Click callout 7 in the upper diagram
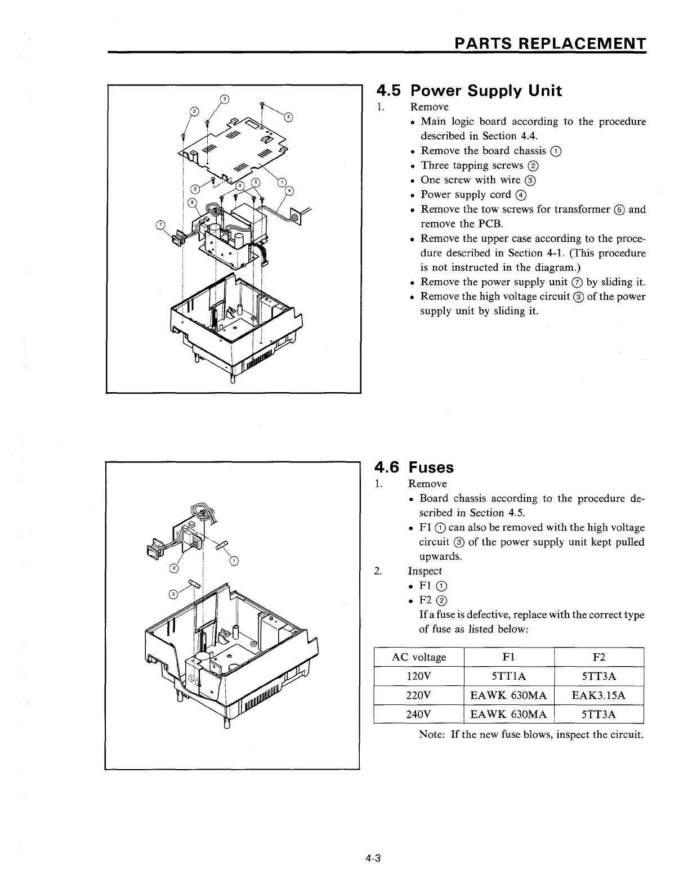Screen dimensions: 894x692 pyautogui.click(x=159, y=226)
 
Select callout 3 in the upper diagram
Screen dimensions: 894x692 pyautogui.click(x=224, y=100)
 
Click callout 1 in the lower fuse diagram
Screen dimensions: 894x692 pyautogui.click(x=234, y=559)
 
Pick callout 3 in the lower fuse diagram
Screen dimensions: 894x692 pyautogui.click(x=174, y=594)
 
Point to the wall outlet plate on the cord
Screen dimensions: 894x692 pyautogui.click(x=297, y=214)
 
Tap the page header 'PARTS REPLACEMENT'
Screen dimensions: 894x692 pyautogui.click(x=550, y=44)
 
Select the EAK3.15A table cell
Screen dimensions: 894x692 pyautogui.click(x=599, y=695)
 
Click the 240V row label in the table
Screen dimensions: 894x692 pyautogui.click(x=418, y=715)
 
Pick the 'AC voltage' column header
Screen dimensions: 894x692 pyautogui.click(x=418, y=657)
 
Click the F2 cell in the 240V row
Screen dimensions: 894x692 pyautogui.click(x=599, y=715)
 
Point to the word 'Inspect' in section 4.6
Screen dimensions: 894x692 pyautogui.click(x=425, y=570)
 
